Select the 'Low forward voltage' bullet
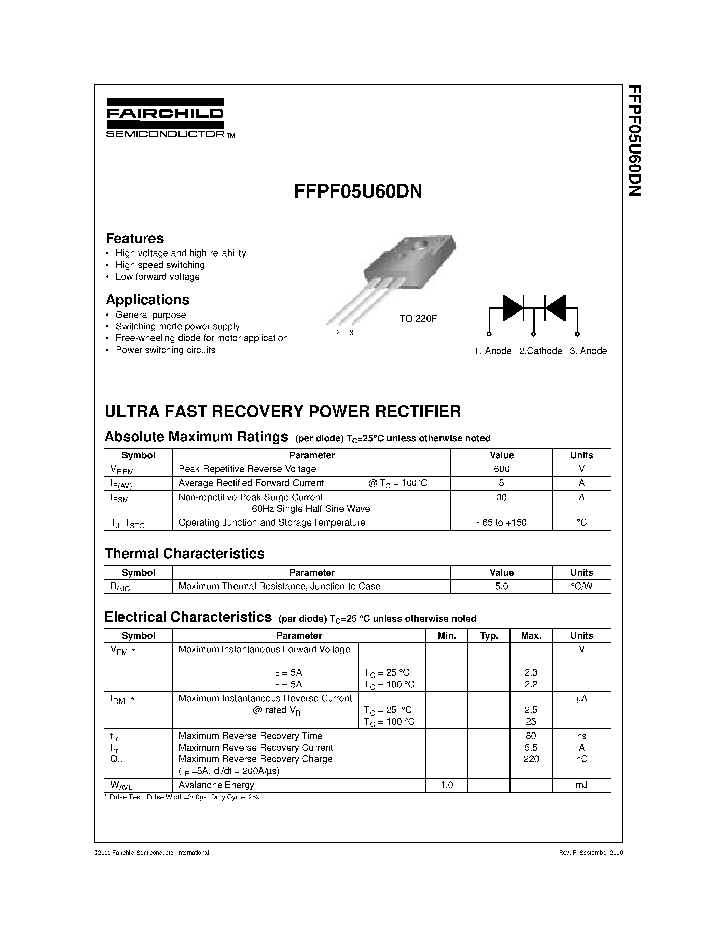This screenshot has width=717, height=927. point(157,277)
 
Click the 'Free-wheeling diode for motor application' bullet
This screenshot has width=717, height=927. point(201,338)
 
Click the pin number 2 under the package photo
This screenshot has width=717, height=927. point(338,333)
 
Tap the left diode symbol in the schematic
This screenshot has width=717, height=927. point(513,308)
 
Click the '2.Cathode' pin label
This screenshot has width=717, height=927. point(540,351)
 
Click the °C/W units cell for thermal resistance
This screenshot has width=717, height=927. point(581,586)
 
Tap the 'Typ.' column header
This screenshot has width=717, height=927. point(489,636)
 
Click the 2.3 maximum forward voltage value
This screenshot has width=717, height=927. point(531,673)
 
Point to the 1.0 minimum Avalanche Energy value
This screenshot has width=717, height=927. point(446,785)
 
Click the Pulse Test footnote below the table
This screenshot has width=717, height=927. point(182,797)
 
